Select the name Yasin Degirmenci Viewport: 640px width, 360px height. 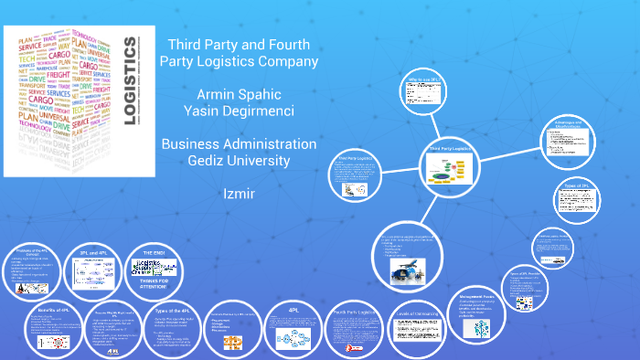[x=239, y=111]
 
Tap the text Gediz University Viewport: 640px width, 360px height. [x=239, y=161]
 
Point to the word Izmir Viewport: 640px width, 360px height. [x=239, y=195]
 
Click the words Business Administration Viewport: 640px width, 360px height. [x=239, y=144]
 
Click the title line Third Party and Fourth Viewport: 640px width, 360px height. [x=239, y=45]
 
